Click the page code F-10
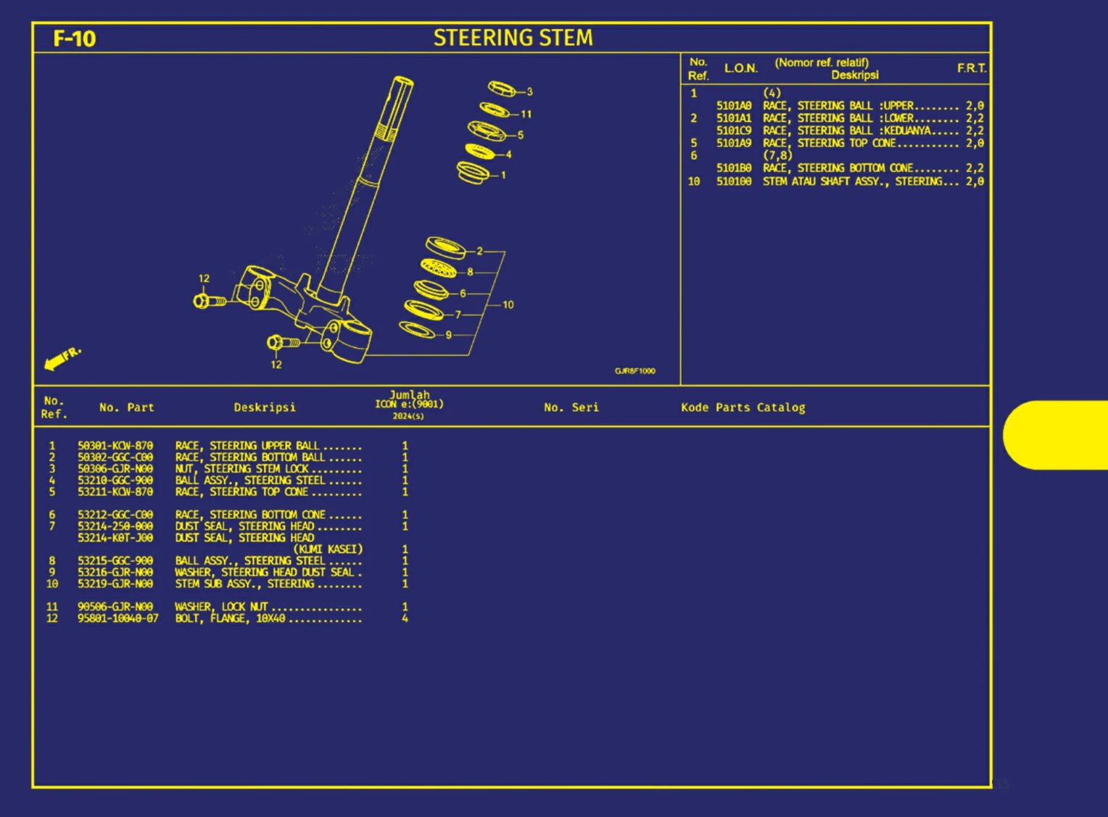click(74, 38)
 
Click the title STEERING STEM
click(513, 38)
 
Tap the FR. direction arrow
click(62, 358)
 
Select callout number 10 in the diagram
click(508, 304)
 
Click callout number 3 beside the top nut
click(529, 92)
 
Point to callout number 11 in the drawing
click(526, 114)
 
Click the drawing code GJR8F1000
click(634, 371)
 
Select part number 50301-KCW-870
click(115, 446)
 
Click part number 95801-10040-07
click(117, 618)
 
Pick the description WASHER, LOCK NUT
click(221, 607)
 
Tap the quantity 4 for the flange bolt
click(405, 618)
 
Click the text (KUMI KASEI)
click(328, 549)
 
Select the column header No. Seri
click(571, 407)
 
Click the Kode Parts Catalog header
click(743, 407)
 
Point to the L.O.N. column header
click(740, 68)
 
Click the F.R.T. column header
click(971, 68)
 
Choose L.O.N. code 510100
click(734, 181)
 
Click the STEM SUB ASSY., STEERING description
click(244, 584)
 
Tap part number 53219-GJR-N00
click(115, 584)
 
